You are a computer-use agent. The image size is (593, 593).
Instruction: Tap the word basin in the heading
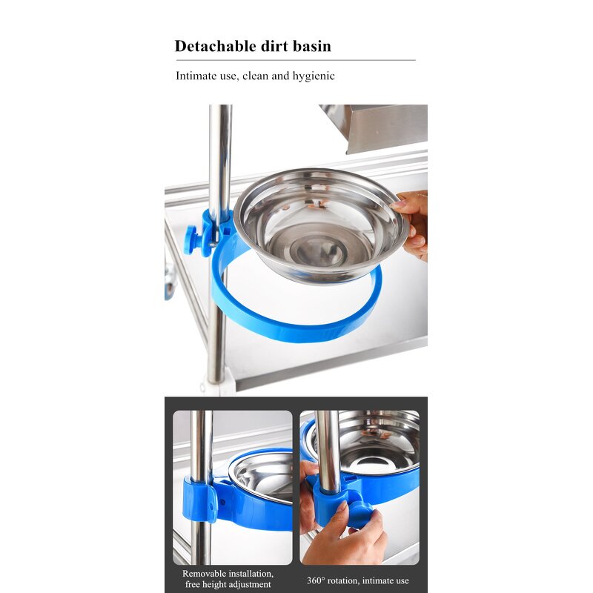(310, 46)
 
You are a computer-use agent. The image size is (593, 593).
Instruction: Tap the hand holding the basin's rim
(414, 222)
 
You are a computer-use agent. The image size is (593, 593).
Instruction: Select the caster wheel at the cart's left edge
(170, 282)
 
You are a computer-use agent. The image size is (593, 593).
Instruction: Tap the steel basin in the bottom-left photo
(263, 474)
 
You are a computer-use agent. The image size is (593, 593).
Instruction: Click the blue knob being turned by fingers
(360, 513)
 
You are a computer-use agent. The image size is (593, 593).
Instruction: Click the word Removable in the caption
(206, 573)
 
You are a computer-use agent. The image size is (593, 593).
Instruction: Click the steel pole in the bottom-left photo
(201, 445)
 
